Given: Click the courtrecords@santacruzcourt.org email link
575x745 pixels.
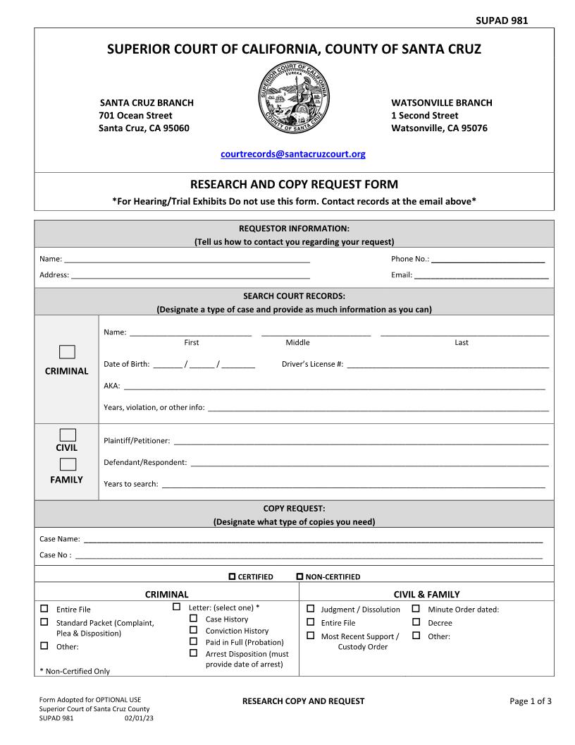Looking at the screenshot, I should click(293, 154).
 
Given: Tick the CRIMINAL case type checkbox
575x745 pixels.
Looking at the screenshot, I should click(67, 352).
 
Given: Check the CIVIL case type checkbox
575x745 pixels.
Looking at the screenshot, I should click(67, 435).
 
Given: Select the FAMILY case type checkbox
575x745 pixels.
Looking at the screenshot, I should click(67, 464).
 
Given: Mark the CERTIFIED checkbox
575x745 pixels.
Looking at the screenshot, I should click(233, 576).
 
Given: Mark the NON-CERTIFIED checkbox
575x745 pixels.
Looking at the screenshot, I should click(299, 576).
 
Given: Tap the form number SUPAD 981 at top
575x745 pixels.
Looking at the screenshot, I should click(502, 20).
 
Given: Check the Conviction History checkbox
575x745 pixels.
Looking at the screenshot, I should click(193, 630).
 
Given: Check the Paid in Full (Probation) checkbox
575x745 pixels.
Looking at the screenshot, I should click(193, 641).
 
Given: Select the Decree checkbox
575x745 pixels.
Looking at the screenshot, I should click(416, 622).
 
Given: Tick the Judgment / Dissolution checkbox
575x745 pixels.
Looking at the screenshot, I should click(310, 608).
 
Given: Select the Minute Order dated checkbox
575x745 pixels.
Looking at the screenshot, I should click(416, 608).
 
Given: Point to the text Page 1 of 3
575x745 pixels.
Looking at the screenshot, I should click(530, 701).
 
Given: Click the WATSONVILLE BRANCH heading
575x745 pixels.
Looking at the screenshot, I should click(442, 103).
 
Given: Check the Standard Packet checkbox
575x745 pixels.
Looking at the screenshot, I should click(44, 622).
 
